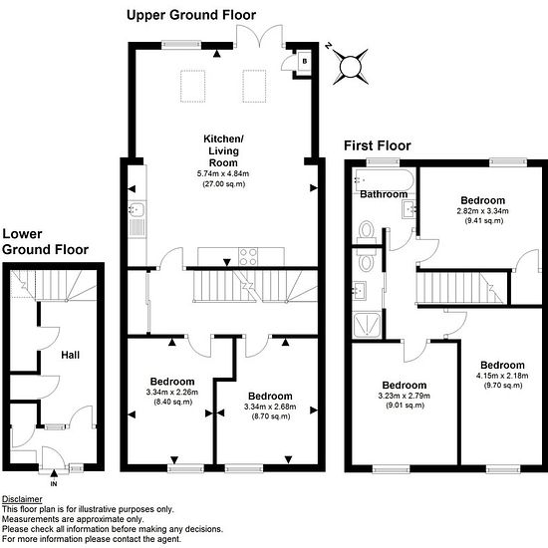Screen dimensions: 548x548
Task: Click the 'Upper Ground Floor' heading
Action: tap(191, 15)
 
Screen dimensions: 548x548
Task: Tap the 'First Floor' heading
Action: tap(378, 145)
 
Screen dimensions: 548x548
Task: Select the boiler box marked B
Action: tap(304, 62)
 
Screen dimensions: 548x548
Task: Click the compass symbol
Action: tap(350, 67)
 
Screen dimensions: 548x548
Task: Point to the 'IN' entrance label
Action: tap(54, 484)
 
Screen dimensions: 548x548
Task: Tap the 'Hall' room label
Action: tap(71, 355)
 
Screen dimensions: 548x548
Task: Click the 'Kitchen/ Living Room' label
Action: tap(223, 150)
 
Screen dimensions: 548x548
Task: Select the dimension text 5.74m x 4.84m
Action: tap(223, 173)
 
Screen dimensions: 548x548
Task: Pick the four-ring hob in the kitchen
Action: tap(248, 256)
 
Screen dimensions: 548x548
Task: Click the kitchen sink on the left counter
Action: tap(137, 209)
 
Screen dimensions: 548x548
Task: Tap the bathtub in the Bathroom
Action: tap(384, 180)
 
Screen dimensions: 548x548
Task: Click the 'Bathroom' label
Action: tap(384, 194)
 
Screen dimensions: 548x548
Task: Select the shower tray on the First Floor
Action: tap(367, 326)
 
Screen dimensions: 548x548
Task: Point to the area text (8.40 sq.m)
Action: tap(173, 402)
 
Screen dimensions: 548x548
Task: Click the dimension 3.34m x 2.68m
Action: tap(270, 407)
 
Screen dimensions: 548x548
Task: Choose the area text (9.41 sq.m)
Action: tap(484, 220)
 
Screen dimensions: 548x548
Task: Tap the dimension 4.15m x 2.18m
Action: tap(502, 376)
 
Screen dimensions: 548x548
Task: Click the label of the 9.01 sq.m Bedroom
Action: tap(405, 386)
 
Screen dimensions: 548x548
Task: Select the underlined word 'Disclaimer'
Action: tap(22, 499)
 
